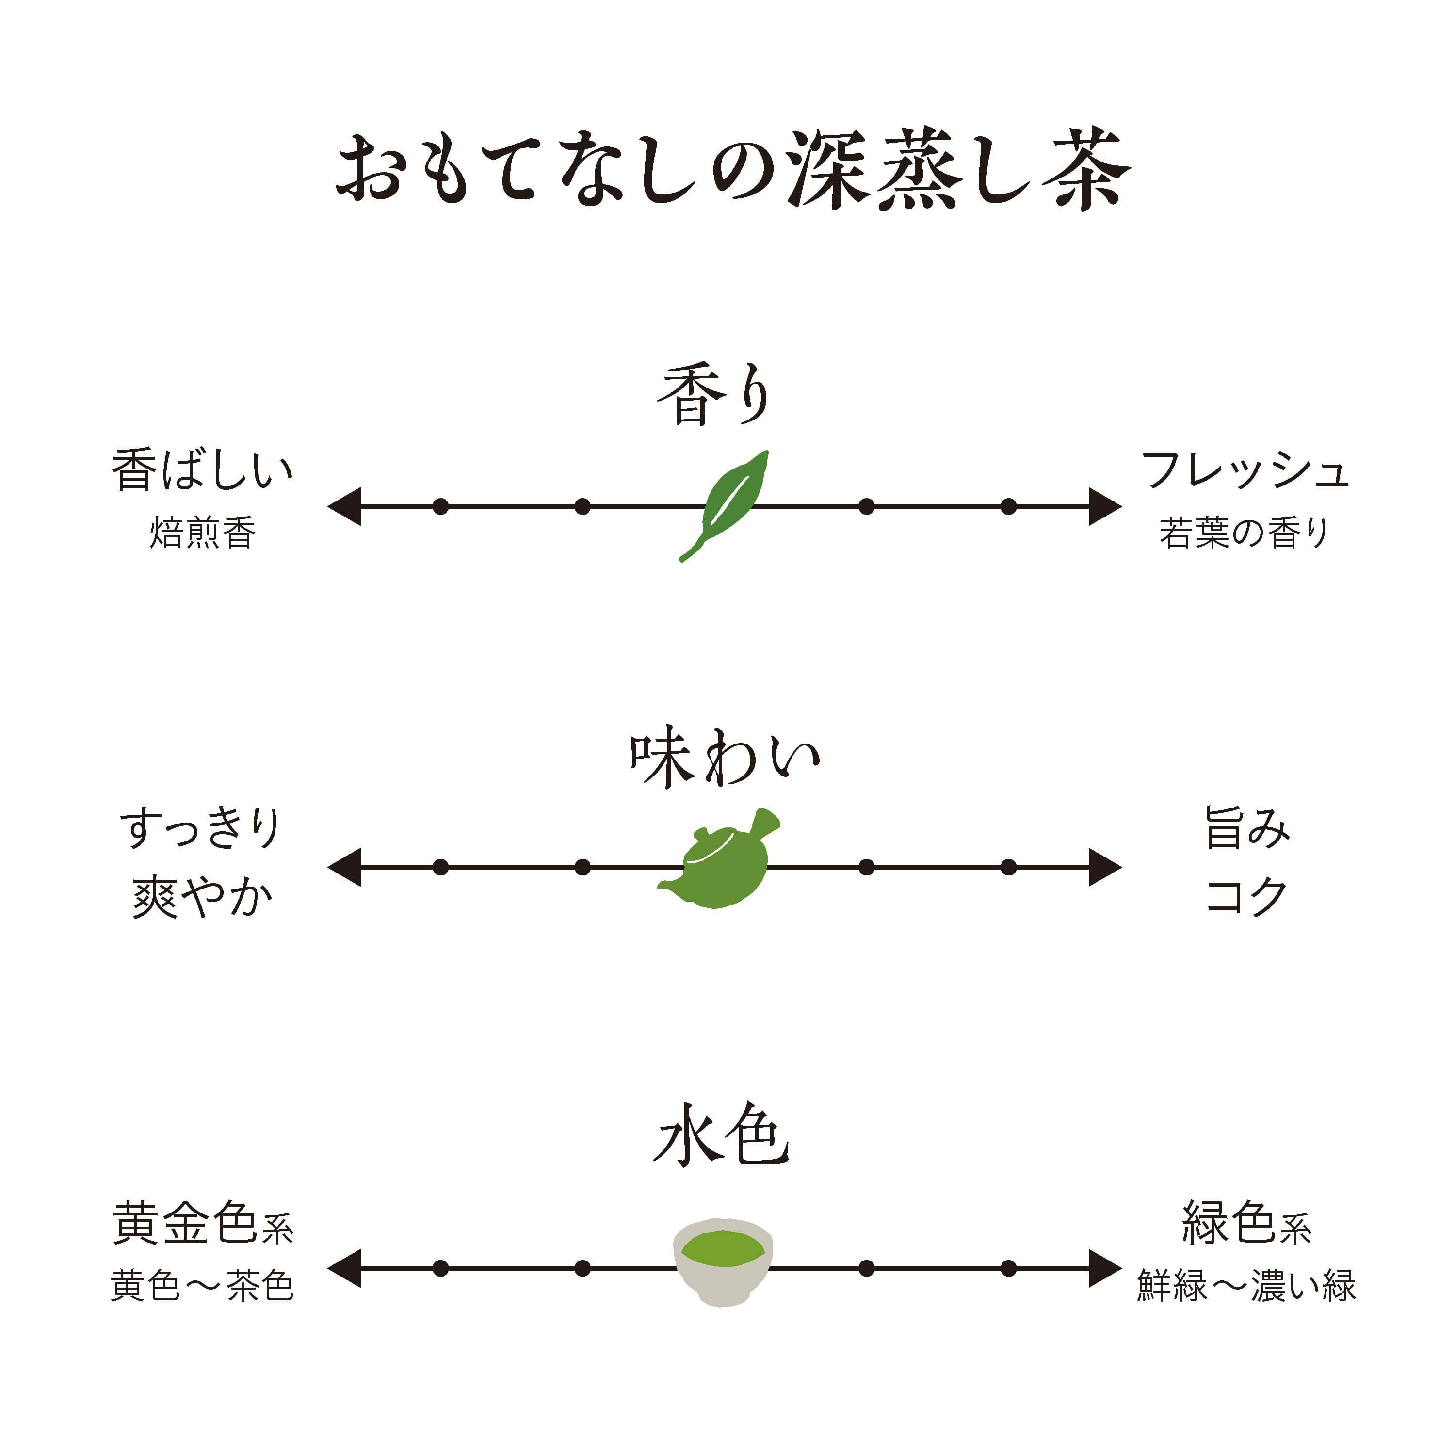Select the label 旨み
1247,828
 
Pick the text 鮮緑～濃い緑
1246,1286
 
